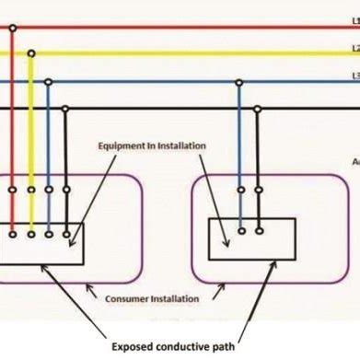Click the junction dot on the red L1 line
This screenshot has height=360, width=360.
pos(12,28)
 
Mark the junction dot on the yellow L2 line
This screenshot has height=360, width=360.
pos(31,54)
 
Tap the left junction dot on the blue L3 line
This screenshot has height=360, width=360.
pos(48,82)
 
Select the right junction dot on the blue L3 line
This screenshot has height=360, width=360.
pos(239,82)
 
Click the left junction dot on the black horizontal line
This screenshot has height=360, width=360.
pos(65,109)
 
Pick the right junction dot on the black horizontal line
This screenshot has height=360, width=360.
pos(259,109)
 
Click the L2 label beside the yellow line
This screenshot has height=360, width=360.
pos(354,49)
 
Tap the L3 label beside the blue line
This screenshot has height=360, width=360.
pos(354,76)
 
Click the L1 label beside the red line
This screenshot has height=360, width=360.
pos(354,19)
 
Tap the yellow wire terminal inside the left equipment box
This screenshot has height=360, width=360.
pos(31,234)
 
